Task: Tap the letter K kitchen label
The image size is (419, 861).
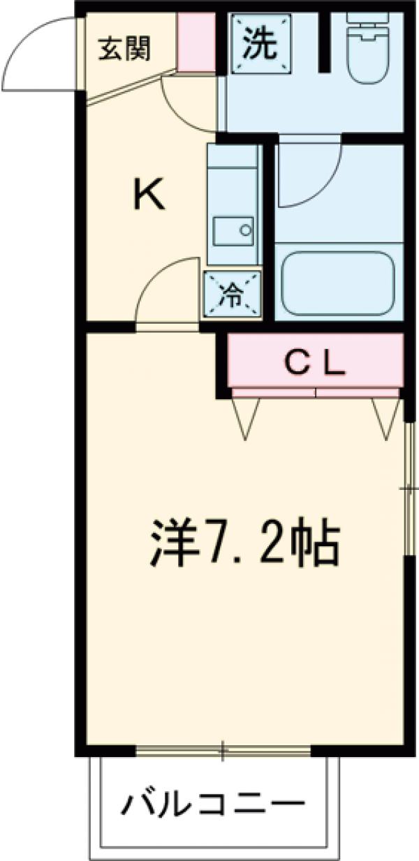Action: (149, 195)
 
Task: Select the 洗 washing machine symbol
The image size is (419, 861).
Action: (260, 44)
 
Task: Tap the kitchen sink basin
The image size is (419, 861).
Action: (233, 230)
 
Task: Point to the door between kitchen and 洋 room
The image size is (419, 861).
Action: (166, 293)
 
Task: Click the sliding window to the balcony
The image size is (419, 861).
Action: (222, 751)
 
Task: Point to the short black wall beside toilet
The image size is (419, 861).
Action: (324, 41)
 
